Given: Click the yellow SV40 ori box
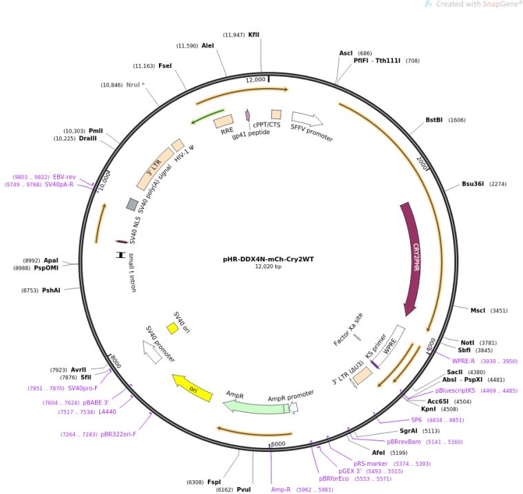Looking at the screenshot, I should [173, 329].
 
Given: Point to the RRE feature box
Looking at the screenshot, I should [224, 122].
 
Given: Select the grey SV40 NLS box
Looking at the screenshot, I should [132, 204].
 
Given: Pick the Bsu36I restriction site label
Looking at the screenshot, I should [473, 184].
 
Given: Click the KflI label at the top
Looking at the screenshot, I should [254, 34].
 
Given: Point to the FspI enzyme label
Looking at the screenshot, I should [214, 482].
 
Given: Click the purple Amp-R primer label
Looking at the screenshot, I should [281, 489].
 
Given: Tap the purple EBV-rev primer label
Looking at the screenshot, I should [65, 177].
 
